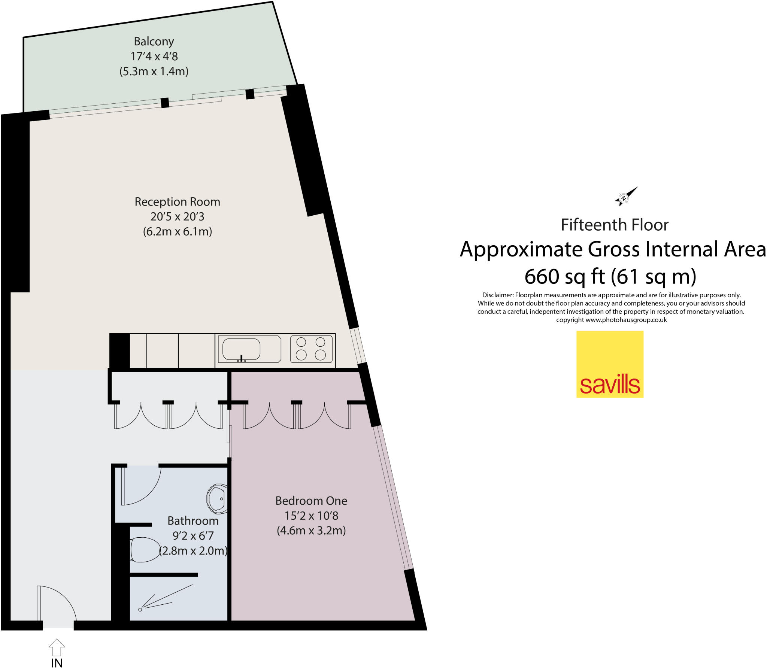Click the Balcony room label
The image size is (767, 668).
coord(154,42)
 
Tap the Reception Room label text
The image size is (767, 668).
coord(177,202)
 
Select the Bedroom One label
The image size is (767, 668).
coord(311,501)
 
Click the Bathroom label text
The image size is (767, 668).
coord(193,521)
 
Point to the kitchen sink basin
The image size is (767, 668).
coord(241,349)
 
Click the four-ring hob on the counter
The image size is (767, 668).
coord(311,349)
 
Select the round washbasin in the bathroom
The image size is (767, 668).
coord(217,498)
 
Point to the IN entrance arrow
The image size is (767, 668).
coord(57,647)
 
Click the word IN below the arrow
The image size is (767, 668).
coord(57,663)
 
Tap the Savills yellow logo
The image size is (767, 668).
coord(610,364)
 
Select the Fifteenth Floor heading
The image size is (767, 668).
coord(615,225)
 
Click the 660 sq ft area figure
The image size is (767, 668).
coord(564,277)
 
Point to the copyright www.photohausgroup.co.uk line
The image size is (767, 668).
coord(611,320)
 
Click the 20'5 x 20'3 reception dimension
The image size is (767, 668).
coord(177,217)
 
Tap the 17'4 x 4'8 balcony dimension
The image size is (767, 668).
coord(154,57)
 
